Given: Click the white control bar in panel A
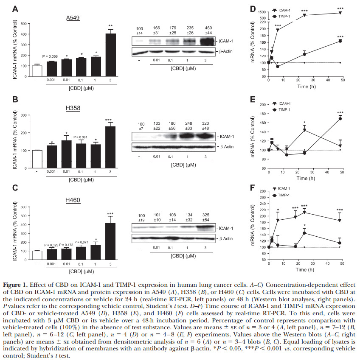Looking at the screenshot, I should pyautogui.click(x=37, y=71).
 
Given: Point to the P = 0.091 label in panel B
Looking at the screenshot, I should pyautogui.click(x=81, y=137).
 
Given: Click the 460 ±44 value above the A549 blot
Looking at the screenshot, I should pyautogui.click(x=209, y=30).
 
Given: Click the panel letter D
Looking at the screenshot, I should pyautogui.click(x=253, y=9).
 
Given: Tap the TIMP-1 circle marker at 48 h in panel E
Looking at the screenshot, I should pyautogui.click(x=340, y=118).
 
